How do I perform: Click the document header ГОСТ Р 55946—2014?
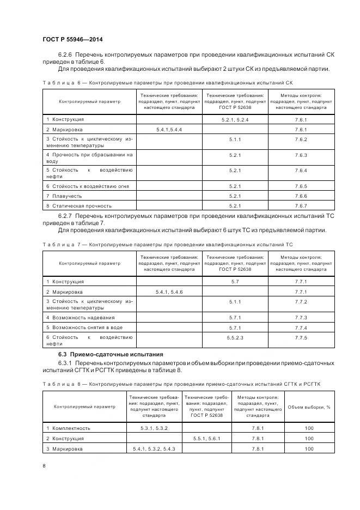pyautogui.click(x=72, y=39)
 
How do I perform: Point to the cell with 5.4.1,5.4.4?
pyautogui.click(x=169, y=130)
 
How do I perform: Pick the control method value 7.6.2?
pyautogui.click(x=301, y=140)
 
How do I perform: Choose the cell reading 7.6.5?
pyautogui.click(x=301, y=186)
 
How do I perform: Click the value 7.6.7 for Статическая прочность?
pyautogui.click(x=301, y=206)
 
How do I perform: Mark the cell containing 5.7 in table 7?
pyautogui.click(x=235, y=282)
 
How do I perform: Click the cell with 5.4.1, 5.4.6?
pyautogui.click(x=169, y=292)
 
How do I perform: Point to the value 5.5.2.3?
pyautogui.click(x=235, y=338)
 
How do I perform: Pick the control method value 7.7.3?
pyautogui.click(x=301, y=317)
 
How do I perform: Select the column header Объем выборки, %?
pyautogui.click(x=309, y=407)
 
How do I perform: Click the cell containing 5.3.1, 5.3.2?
pyautogui.click(x=154, y=428)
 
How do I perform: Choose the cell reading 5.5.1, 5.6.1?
pyautogui.click(x=207, y=439)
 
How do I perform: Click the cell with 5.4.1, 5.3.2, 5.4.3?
pyautogui.click(x=154, y=449)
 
